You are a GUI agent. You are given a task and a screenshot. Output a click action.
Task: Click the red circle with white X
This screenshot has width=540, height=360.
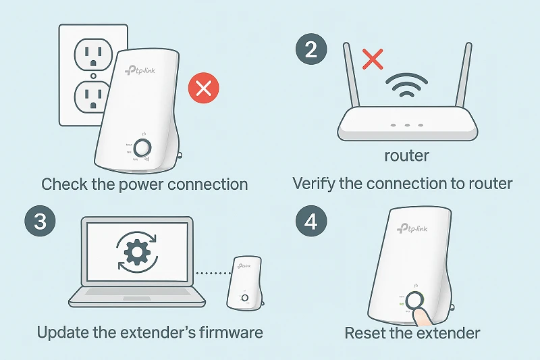(x=204, y=89)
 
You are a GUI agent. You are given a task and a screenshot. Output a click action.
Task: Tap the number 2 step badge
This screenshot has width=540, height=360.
(x=311, y=51)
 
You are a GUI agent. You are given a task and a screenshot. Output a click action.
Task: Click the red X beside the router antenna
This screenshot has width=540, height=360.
(x=371, y=59)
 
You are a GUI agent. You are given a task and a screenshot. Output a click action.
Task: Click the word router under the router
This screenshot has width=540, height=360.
(x=406, y=156)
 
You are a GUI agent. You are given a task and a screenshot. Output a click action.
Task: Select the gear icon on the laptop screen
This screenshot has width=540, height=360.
(x=137, y=253)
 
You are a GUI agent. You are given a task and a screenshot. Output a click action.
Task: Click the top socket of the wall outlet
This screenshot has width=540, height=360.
(x=92, y=53)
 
